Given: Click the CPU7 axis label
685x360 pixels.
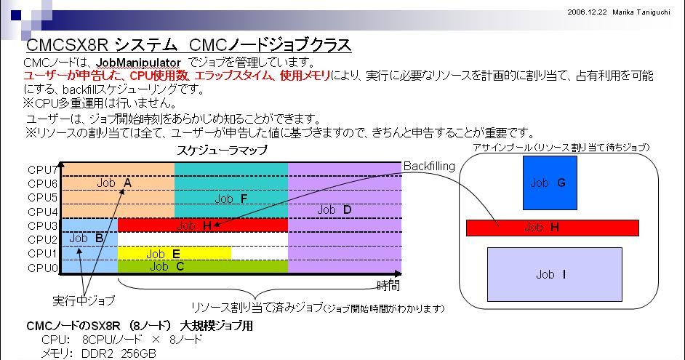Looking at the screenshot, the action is point(42,169).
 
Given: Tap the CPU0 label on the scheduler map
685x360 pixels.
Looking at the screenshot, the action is point(42,268).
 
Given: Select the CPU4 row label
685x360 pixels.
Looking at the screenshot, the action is point(42,212).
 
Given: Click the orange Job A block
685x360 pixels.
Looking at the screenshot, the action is point(118,190).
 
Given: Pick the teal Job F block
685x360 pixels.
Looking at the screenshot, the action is point(231,190).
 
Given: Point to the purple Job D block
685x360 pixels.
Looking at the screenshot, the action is point(344,217).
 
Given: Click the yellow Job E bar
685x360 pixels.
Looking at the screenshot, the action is point(175,253).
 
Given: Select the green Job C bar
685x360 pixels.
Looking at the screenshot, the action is point(203,266).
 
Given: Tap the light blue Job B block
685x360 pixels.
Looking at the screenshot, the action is point(89,246).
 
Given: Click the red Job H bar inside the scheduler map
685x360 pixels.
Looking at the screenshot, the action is point(203,225).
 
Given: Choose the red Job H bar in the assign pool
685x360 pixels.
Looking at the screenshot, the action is point(553,228).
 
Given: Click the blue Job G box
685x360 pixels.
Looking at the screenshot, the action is point(550,183).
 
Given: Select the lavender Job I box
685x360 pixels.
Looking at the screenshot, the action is point(554,274).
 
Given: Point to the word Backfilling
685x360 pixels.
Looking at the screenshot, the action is point(429,167).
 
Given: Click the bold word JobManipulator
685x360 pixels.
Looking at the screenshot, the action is point(138,63).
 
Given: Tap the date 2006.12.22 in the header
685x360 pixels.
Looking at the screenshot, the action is point(587,12).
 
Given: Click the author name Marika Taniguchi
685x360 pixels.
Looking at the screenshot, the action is point(641,12).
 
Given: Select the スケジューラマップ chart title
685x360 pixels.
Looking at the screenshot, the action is point(222,151).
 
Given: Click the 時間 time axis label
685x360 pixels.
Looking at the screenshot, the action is point(388,286).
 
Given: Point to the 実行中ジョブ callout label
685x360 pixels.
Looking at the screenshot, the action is point(84,300).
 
